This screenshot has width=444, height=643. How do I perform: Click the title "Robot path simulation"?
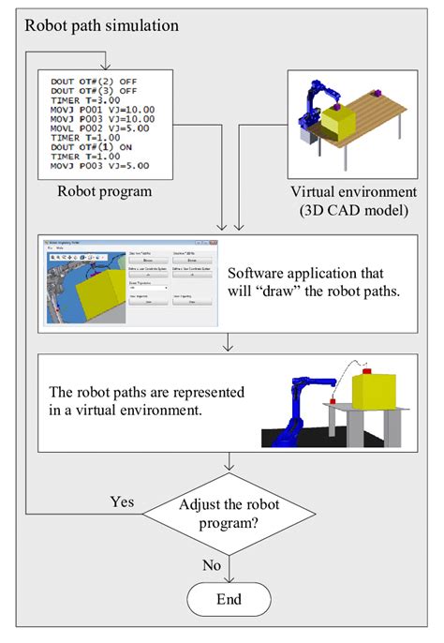(101, 25)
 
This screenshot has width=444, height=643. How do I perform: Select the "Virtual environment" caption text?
(346, 191)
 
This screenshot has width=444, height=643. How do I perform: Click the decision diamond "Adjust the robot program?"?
(229, 515)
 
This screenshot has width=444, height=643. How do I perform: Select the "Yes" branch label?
(122, 501)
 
